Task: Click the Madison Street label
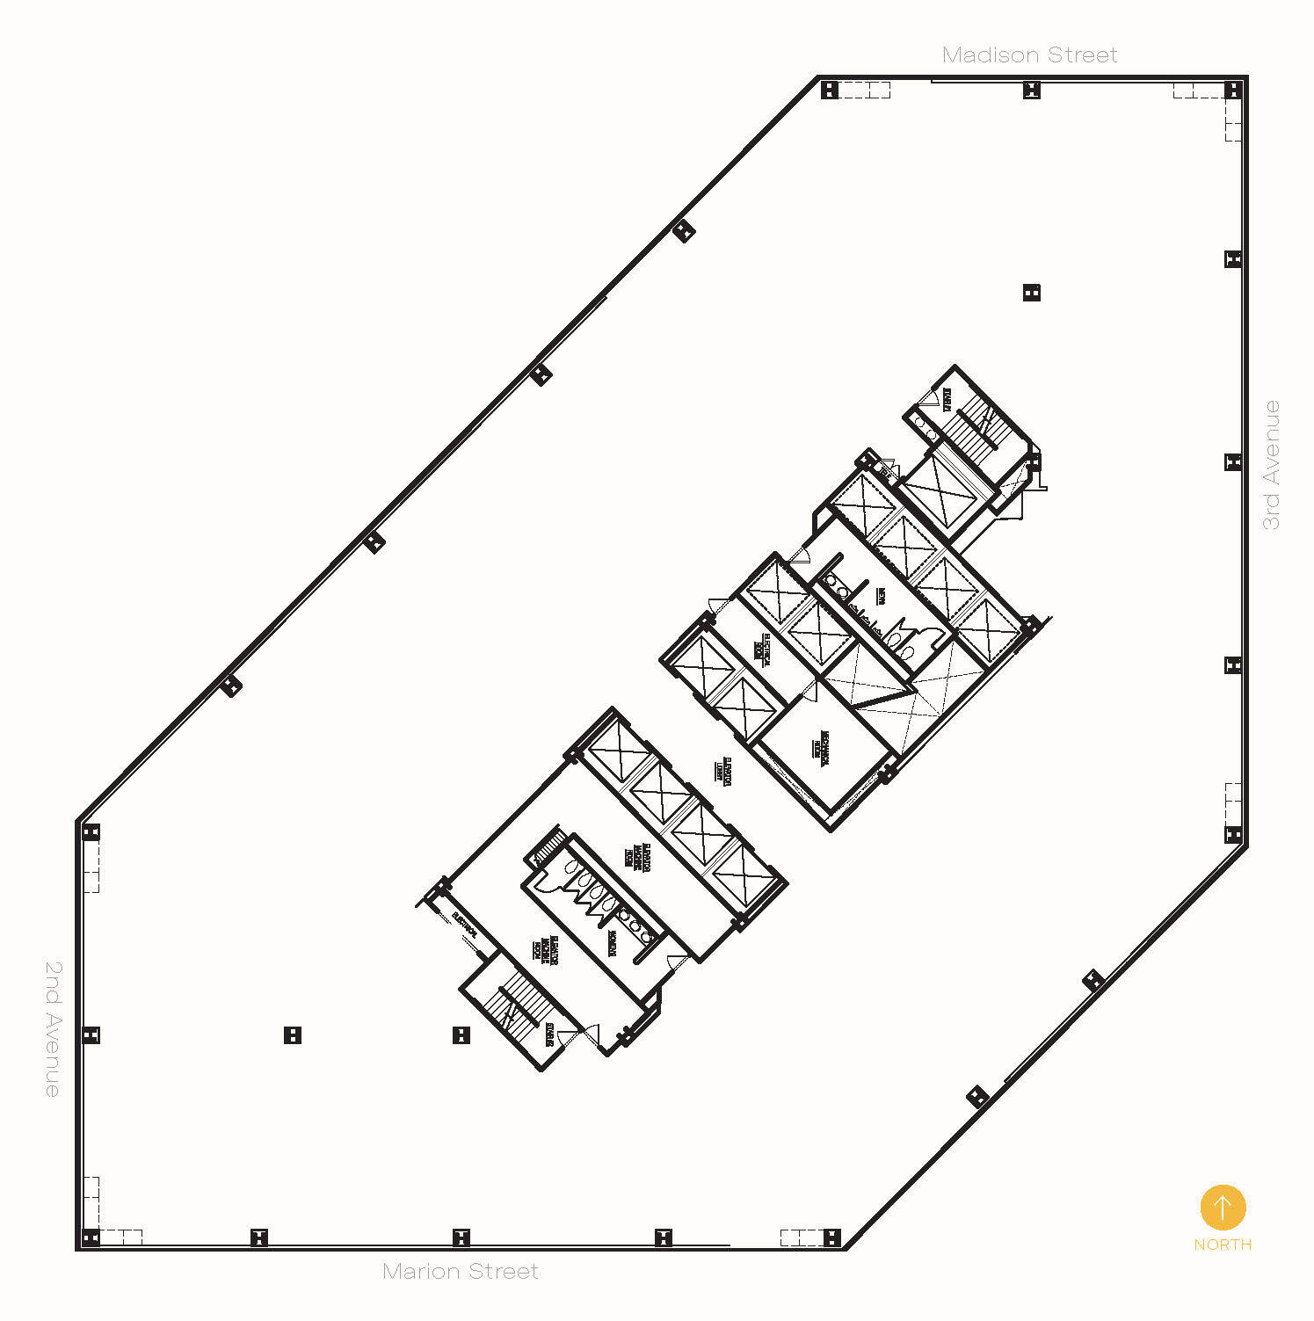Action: [x=1029, y=55]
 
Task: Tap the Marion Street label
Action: [x=461, y=1271]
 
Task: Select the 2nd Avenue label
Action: [x=53, y=1028]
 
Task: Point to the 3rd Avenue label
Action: [x=1271, y=465]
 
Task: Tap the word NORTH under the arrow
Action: [x=1223, y=1245]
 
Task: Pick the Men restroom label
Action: [x=881, y=596]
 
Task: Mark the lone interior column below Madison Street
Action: [x=1032, y=293]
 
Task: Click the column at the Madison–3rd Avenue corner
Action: [x=1232, y=90]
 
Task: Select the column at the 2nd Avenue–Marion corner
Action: [x=91, y=1238]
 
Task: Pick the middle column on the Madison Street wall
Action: [x=1032, y=90]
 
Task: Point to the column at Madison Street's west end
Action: [x=829, y=90]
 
